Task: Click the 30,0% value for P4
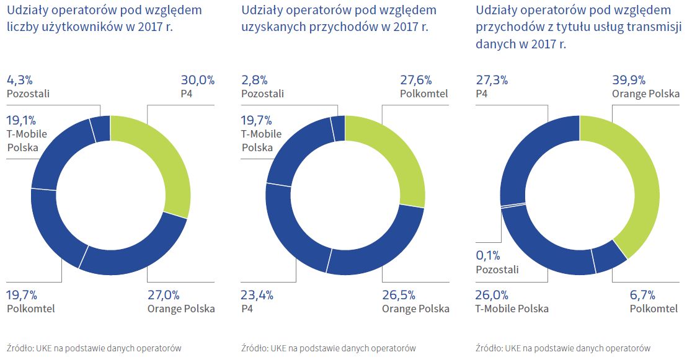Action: [197, 80]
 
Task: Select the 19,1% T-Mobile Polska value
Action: [21, 120]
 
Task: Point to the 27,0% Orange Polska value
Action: [164, 294]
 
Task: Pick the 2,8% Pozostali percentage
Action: [254, 80]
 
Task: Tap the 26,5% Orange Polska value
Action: [399, 294]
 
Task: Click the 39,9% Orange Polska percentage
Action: [629, 80]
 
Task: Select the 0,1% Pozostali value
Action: [489, 255]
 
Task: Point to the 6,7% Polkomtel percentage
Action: [642, 294]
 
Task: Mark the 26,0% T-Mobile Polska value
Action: [492, 294]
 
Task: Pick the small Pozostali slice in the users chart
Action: [100, 130]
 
